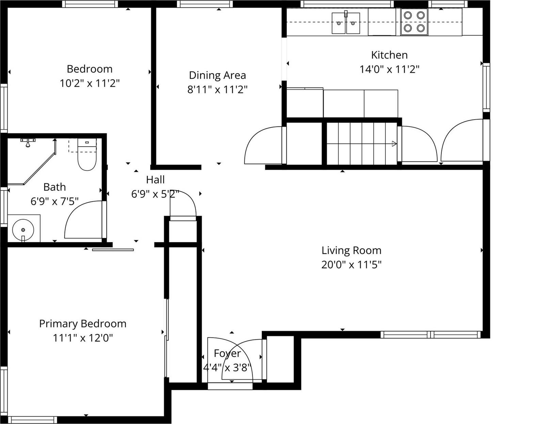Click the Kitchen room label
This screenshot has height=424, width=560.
coord(389,55)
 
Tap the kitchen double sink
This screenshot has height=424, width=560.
coord(346,23)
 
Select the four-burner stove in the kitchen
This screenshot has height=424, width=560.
coord(414,22)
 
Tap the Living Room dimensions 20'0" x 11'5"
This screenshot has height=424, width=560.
coord(351,264)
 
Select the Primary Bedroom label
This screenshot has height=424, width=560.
coord(83,323)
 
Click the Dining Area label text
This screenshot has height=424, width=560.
coord(217,75)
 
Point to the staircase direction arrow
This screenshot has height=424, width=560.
coord(394,144)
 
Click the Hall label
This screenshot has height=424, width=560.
coord(155,180)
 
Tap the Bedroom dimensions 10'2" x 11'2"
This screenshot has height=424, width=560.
coord(90,83)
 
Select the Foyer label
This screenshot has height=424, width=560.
coord(227,353)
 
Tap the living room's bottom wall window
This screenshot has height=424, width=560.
coord(430,335)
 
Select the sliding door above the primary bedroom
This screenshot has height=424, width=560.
coord(113,250)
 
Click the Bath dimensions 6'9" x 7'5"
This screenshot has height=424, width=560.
coord(54,201)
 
